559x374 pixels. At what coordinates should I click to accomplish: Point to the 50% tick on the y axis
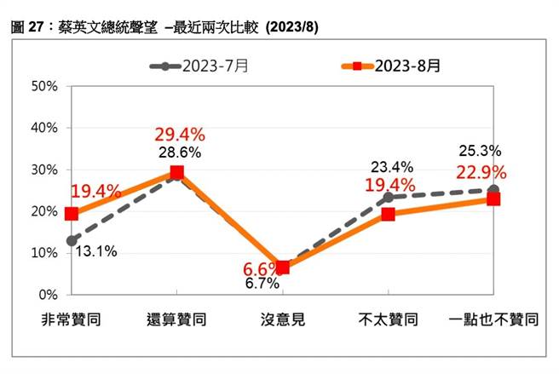point(43,86)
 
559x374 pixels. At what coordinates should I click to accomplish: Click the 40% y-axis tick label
point(43,128)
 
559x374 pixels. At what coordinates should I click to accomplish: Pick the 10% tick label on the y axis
point(43,253)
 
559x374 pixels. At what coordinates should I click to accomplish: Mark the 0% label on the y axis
point(47,295)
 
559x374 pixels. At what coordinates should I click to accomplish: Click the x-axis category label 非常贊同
point(72,320)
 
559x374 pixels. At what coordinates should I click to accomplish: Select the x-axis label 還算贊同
point(177,320)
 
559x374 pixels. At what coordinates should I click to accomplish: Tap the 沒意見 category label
point(283,320)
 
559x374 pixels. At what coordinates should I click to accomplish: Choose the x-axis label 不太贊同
point(389,320)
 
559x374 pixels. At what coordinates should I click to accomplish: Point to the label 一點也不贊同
point(493,320)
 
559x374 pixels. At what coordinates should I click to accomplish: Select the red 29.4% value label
point(178,135)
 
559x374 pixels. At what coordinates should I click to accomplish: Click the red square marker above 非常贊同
point(72,214)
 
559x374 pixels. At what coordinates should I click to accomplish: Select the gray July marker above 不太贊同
point(389,198)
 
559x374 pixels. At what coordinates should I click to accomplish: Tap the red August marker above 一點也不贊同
point(493,199)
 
